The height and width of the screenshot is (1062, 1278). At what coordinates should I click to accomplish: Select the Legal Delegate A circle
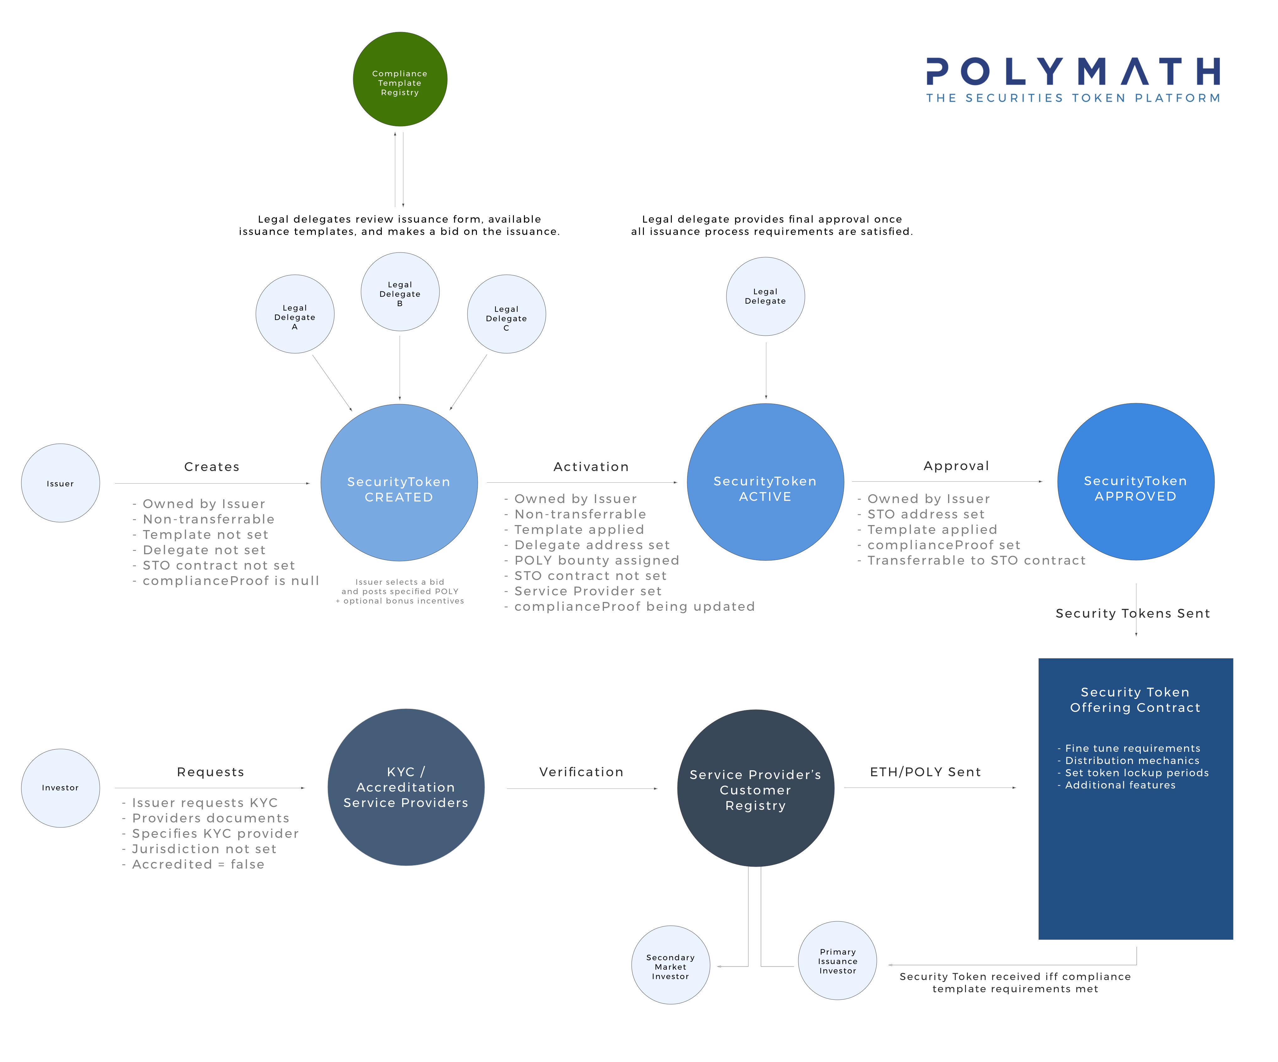click(294, 314)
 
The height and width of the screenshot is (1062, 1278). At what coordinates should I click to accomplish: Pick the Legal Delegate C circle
click(506, 314)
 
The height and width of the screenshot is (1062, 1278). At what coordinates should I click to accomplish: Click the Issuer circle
click(60, 483)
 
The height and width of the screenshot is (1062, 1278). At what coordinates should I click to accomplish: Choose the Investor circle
click(60, 788)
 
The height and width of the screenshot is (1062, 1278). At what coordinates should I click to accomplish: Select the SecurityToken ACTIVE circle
click(765, 482)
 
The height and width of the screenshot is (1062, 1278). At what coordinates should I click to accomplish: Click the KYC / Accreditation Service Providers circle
click(406, 787)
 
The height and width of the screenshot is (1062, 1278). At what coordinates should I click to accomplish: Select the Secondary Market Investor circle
click(670, 966)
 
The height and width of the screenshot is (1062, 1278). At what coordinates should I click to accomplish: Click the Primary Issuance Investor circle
click(837, 960)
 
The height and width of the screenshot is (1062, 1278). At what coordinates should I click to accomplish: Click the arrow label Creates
click(212, 467)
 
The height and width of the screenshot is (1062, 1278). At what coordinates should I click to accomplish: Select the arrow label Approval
click(956, 466)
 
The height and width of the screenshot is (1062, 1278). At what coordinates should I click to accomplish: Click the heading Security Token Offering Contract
click(1135, 700)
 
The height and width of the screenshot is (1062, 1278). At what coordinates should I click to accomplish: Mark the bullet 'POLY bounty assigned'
click(596, 561)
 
